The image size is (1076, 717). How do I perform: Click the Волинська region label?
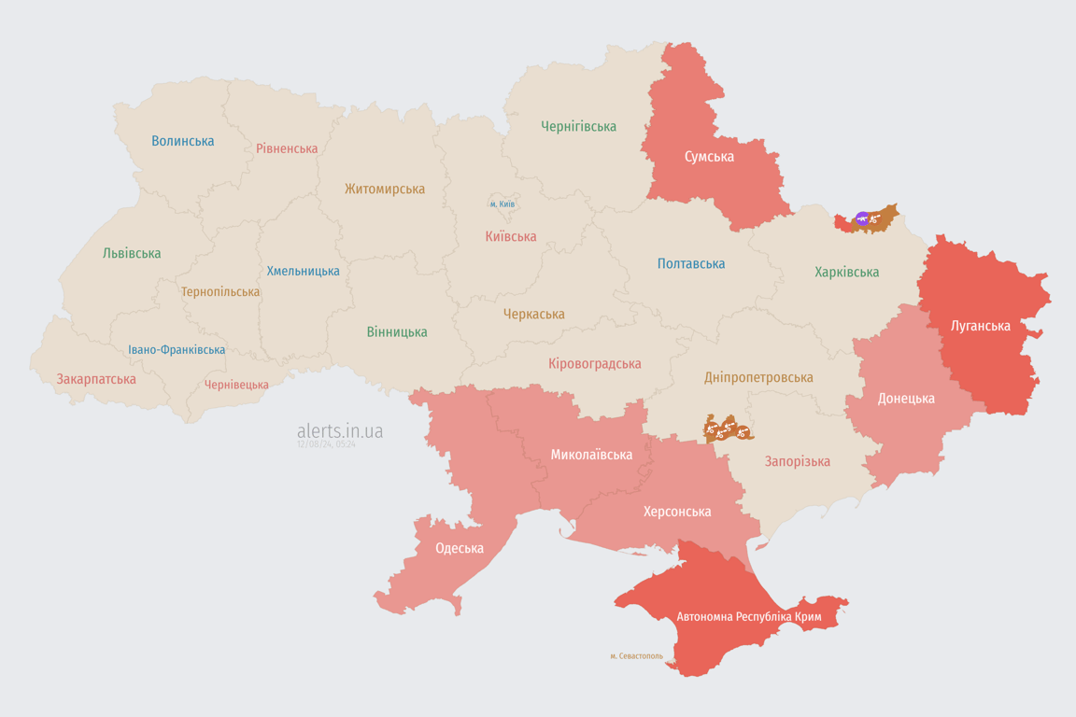point(183,141)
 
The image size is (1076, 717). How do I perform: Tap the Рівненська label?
point(287,148)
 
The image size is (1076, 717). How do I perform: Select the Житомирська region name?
point(384,189)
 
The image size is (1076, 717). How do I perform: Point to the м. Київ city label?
point(502,204)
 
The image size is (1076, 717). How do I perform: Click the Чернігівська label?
point(578,126)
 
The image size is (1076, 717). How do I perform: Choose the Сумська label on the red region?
point(709,156)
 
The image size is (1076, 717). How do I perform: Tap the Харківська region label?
point(846,272)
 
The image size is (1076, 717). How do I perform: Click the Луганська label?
point(980,326)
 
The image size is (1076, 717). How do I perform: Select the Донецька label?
point(905,398)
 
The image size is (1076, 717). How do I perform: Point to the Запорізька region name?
point(797,461)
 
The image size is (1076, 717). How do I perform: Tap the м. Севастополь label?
point(636,656)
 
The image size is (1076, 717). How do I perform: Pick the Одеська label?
point(460,548)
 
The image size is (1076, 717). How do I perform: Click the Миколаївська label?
point(591,455)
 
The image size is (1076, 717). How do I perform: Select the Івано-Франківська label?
point(177,350)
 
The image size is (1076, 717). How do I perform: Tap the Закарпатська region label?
point(96,379)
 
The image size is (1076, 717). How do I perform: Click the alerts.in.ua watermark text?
point(340,430)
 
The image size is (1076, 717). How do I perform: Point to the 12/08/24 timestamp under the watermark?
point(326,445)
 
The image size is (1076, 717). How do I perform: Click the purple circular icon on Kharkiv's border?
point(862,219)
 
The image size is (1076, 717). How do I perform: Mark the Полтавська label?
point(691,263)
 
